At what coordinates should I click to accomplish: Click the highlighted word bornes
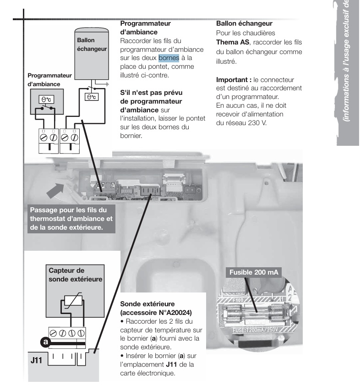(169, 58)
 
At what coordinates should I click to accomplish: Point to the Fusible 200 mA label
(254, 273)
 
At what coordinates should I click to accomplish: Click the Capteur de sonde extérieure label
(76, 274)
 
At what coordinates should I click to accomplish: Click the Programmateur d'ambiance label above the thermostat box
(49, 79)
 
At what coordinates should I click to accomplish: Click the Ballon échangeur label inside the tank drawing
(92, 44)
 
